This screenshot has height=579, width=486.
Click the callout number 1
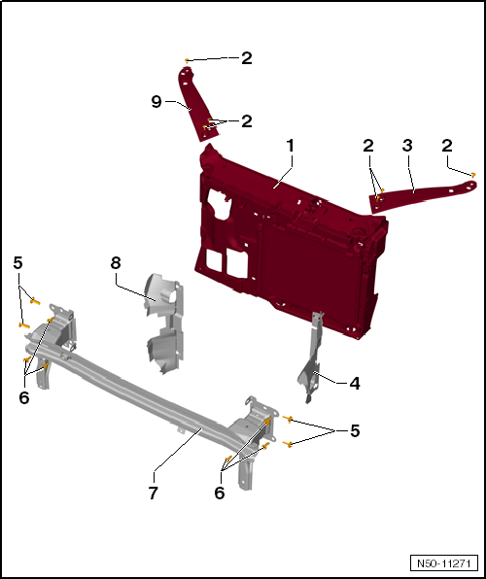291,146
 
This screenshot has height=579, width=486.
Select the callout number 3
407,146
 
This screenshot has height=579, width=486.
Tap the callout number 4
355,384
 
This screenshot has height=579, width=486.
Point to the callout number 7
154,493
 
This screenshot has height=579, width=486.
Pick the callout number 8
116,263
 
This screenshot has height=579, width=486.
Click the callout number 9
156,101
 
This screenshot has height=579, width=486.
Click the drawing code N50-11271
443,563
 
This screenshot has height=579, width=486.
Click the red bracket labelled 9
196,103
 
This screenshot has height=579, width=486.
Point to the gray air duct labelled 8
164,322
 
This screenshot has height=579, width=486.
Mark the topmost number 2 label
247,58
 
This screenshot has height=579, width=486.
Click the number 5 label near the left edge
17,263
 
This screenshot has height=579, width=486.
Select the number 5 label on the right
355,431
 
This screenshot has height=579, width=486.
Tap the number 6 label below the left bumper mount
24,397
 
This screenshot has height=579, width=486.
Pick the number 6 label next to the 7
220,493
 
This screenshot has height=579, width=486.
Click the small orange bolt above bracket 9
187,60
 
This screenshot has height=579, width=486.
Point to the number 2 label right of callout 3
446,146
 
